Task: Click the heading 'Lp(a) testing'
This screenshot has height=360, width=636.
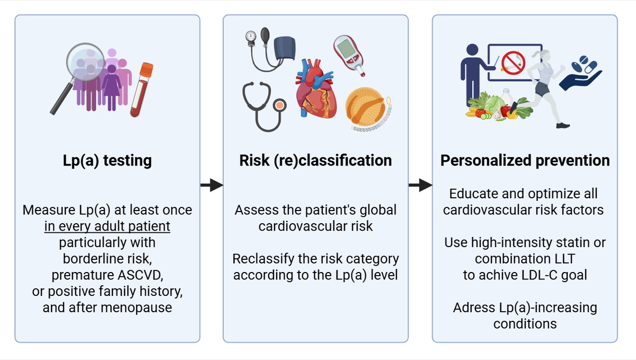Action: point(108,160)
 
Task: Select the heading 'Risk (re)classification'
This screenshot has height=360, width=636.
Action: point(315,160)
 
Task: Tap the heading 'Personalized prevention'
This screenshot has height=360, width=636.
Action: point(525,160)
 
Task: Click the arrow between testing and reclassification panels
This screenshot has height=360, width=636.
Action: point(211,185)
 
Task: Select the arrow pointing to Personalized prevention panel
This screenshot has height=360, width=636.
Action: point(420,185)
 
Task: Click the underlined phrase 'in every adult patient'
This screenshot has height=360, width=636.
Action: point(107,226)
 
